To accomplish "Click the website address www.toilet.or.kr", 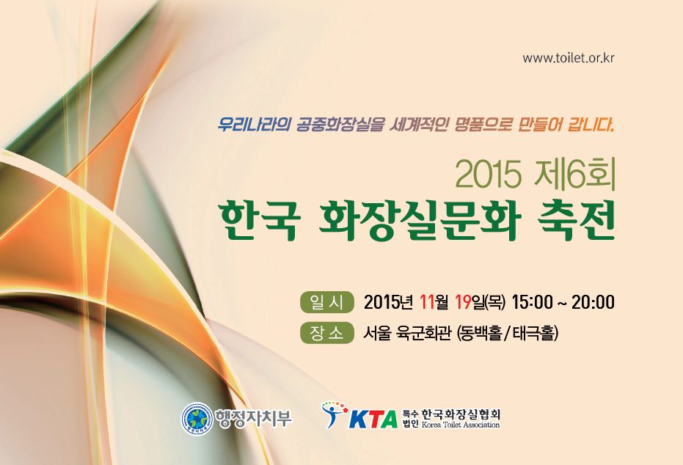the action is click(x=569, y=58).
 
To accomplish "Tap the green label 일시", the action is click(x=326, y=302).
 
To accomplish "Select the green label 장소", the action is click(x=326, y=333).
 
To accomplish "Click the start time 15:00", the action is click(x=533, y=301).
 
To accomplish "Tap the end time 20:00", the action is click(x=593, y=301).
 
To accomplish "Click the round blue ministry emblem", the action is click(x=197, y=418).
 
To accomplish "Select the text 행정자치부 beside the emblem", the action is click(x=253, y=418).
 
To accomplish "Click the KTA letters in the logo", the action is click(x=373, y=420).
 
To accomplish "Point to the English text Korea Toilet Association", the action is click(x=461, y=425).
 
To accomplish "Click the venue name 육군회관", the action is click(x=422, y=334).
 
